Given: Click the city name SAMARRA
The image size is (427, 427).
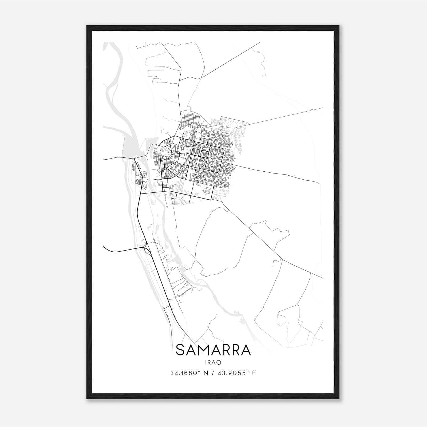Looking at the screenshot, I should coord(213,350).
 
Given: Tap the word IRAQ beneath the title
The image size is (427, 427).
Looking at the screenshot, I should coord(213,363).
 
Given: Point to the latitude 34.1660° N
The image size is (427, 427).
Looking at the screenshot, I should coord(189,373).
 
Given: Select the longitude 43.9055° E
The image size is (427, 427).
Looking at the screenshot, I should coord(237,373).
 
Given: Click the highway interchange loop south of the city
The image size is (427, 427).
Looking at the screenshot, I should coord(147,250).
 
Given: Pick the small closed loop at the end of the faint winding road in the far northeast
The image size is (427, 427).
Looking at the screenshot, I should coord(264,74).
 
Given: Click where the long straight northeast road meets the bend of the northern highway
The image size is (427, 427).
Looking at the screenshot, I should coord(197,79).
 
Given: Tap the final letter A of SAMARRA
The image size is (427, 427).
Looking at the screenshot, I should coord(246,350).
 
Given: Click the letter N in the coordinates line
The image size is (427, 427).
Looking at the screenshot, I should coord(205,373).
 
